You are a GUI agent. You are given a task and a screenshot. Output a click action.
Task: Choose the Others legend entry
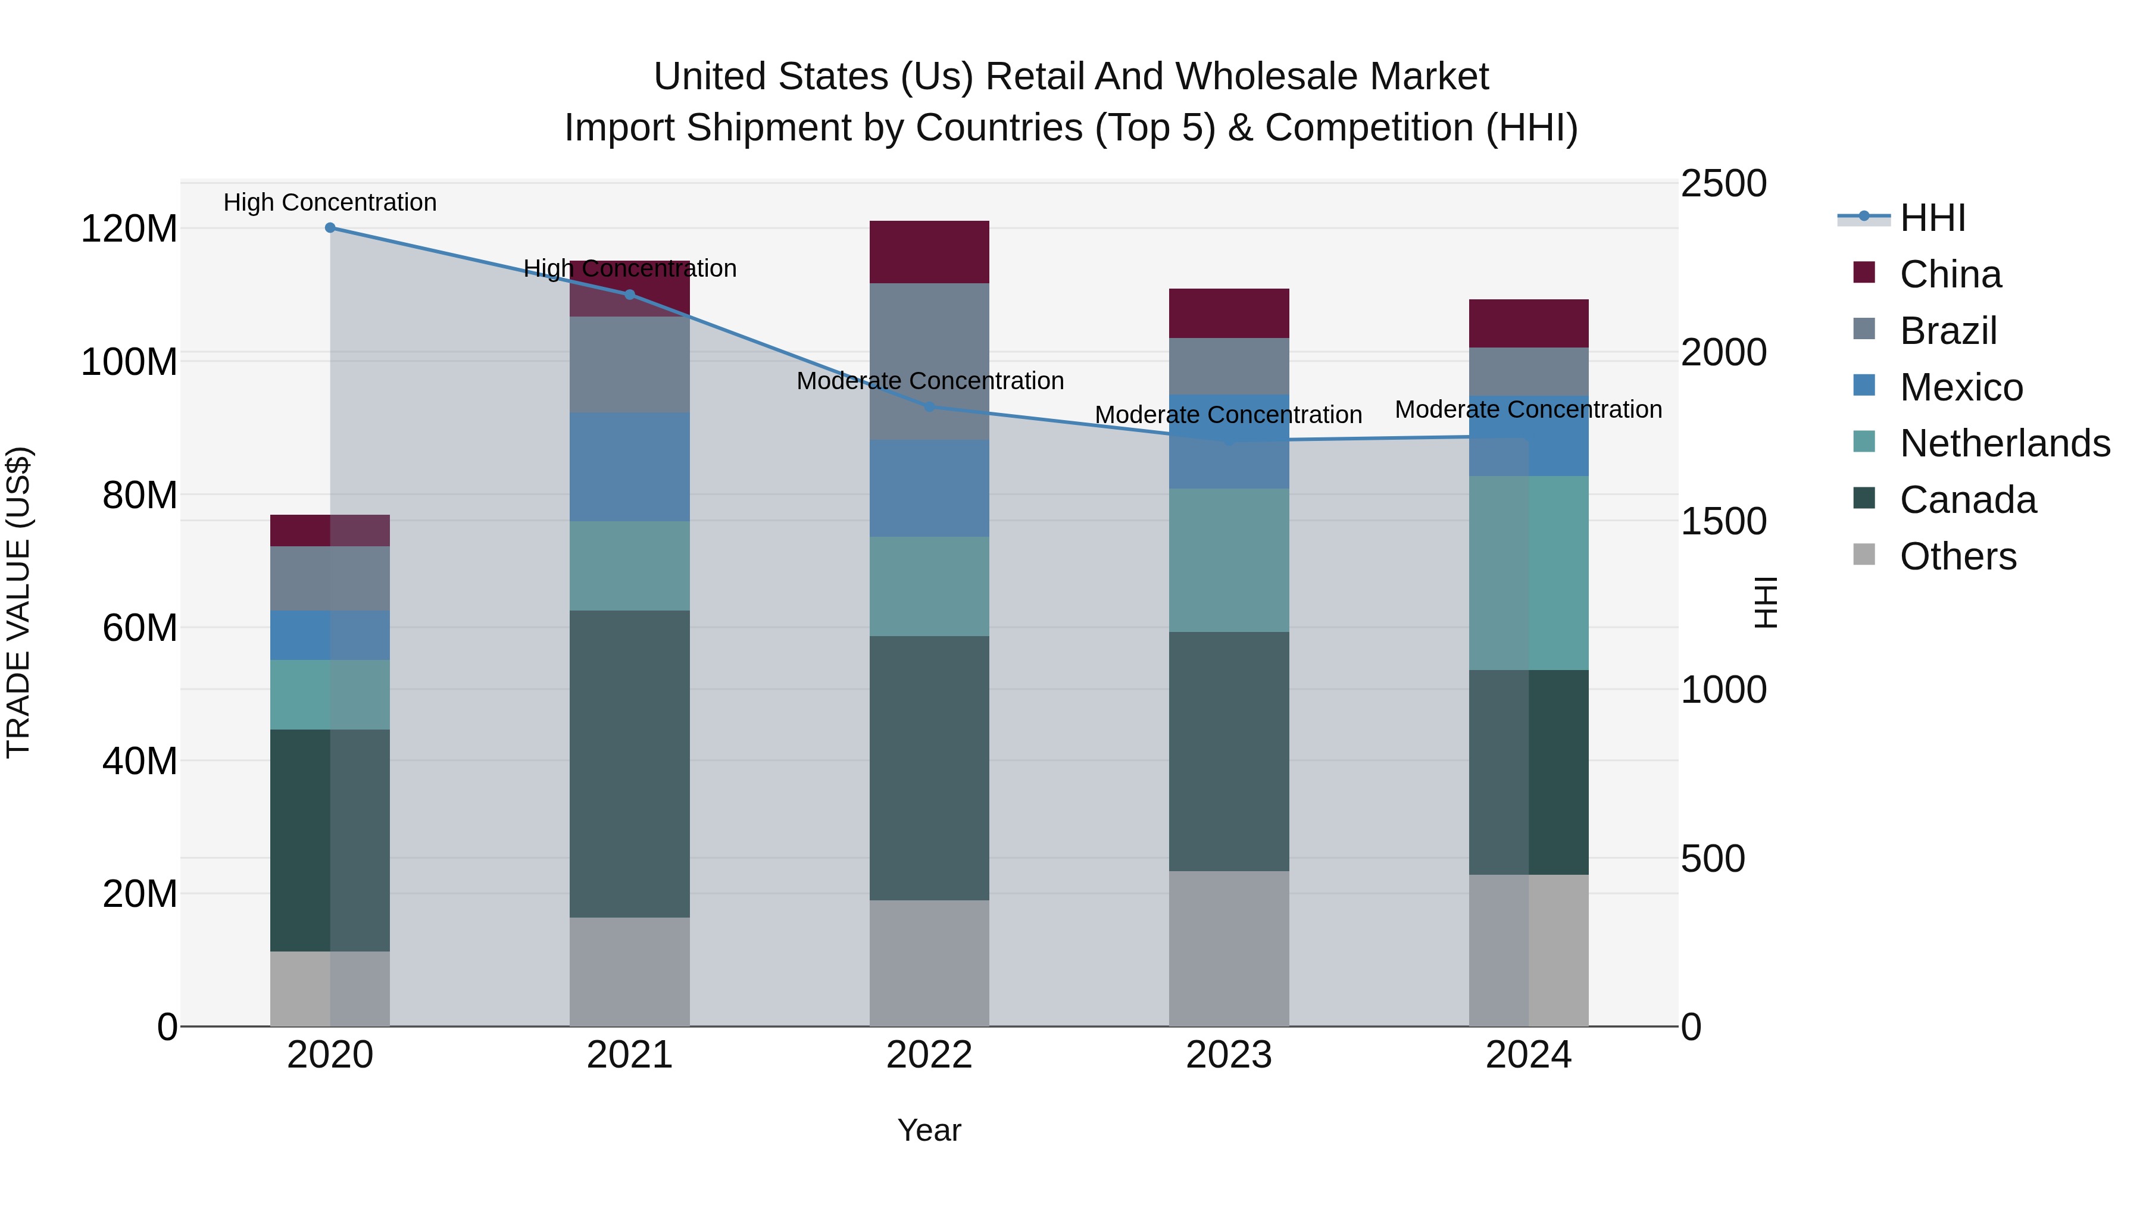[x=1957, y=556]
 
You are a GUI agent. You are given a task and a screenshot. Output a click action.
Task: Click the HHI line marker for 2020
[x=330, y=228]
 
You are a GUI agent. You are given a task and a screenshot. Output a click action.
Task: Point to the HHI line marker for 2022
[x=930, y=406]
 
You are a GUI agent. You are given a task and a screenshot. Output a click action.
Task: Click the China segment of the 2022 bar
[x=929, y=252]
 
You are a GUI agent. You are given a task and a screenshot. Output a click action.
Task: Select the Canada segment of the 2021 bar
[x=630, y=763]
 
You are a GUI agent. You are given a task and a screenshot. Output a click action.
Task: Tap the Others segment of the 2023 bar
[x=1229, y=948]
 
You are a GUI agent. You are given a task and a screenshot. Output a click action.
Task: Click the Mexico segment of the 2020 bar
[x=330, y=636]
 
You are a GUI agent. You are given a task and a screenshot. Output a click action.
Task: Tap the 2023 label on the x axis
[x=1229, y=1055]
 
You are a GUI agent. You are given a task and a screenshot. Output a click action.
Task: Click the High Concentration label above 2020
[x=330, y=202]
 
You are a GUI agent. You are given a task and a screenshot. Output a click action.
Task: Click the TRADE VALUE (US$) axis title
[x=19, y=602]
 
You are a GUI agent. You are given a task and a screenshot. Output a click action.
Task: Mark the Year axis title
[x=929, y=1130]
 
